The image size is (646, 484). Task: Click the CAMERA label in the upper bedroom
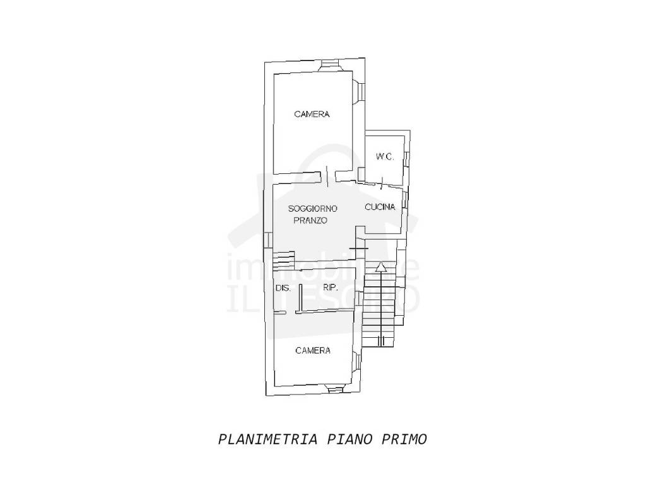[312, 114]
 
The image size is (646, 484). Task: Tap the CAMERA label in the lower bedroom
[313, 350]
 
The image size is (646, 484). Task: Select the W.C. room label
[385, 157]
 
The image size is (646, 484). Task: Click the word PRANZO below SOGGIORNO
[310, 220]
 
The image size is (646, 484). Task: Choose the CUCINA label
[380, 207]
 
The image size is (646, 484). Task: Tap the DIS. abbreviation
[283, 288]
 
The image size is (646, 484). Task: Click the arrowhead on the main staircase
[382, 267]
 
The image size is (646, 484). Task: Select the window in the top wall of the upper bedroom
[329, 65]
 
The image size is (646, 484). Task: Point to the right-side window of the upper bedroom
[359, 91]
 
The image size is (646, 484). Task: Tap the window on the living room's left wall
[267, 240]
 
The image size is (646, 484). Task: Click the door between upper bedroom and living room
[327, 176]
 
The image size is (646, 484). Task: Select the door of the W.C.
[382, 183]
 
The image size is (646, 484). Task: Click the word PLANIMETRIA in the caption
[267, 439]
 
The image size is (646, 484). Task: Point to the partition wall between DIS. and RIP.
[301, 297]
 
